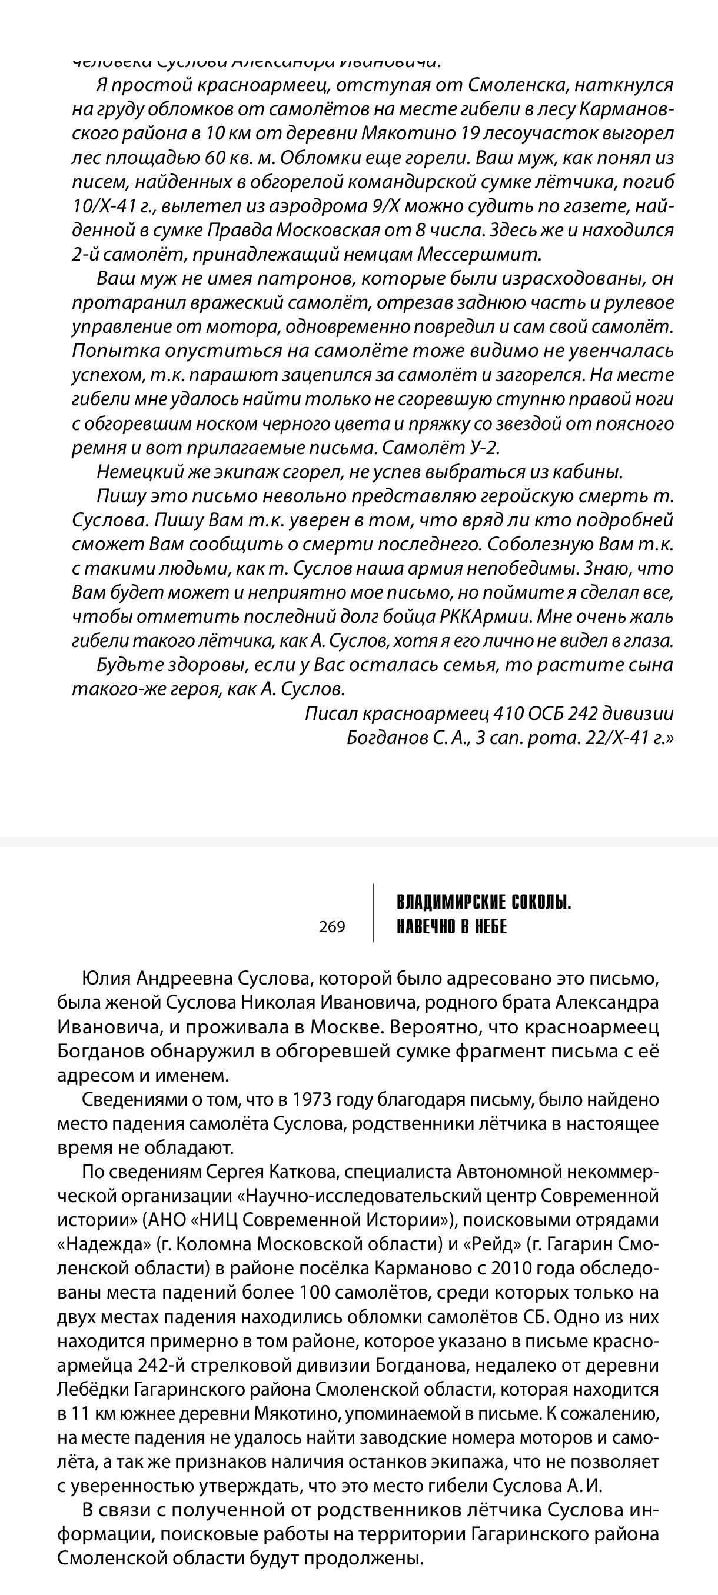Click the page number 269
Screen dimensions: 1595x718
(x=332, y=927)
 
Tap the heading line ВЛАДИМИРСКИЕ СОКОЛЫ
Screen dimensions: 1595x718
(x=484, y=903)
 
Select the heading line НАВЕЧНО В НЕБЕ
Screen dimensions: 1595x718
(x=451, y=927)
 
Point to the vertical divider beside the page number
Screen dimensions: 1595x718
(x=373, y=913)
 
